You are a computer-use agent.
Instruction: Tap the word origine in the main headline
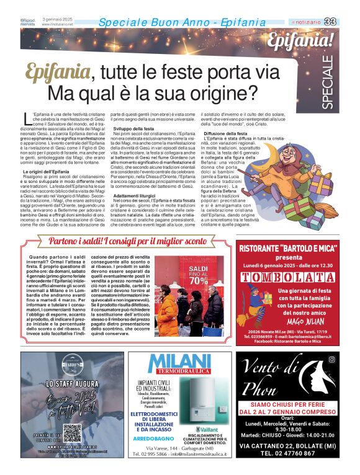[x=219, y=94]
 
